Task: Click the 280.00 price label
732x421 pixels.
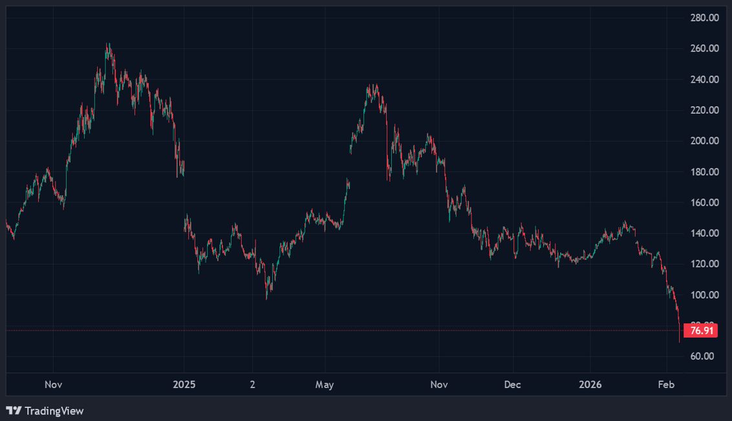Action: [704, 17]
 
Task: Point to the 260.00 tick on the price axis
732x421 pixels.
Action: [704, 49]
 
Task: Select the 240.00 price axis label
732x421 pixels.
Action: [704, 80]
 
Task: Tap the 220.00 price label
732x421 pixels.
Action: [704, 110]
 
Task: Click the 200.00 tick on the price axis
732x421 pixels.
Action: [704, 141]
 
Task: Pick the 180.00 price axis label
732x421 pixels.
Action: [704, 172]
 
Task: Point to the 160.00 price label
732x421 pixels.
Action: [704, 202]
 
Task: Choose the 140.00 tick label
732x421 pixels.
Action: [704, 233]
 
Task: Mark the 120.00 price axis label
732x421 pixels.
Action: [704, 264]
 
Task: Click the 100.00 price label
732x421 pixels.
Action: [704, 295]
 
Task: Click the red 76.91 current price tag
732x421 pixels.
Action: [702, 330]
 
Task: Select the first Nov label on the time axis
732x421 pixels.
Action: [54, 385]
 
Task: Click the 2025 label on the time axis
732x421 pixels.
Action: [184, 385]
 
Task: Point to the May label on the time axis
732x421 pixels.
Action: [325, 385]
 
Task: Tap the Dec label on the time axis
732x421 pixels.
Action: [512, 385]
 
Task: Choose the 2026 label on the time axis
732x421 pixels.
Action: [590, 385]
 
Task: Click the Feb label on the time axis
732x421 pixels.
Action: [667, 385]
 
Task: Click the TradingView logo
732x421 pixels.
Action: [45, 411]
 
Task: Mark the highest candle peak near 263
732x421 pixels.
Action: [107, 44]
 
